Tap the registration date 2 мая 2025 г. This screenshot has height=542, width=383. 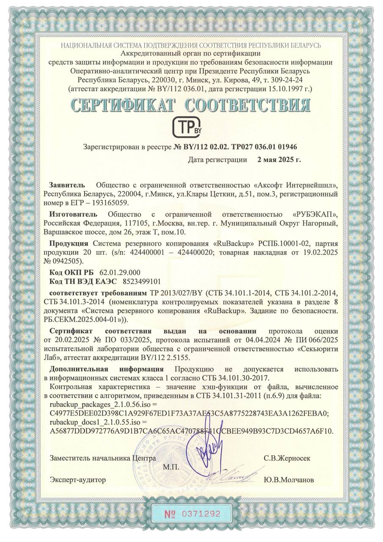[x=279, y=160]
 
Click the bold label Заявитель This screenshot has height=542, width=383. [x=67, y=185]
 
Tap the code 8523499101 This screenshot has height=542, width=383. [x=142, y=281]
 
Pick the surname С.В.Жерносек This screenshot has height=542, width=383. [x=287, y=458]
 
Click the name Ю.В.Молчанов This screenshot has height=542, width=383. [x=289, y=480]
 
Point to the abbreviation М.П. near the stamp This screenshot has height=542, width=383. [x=171, y=467]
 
